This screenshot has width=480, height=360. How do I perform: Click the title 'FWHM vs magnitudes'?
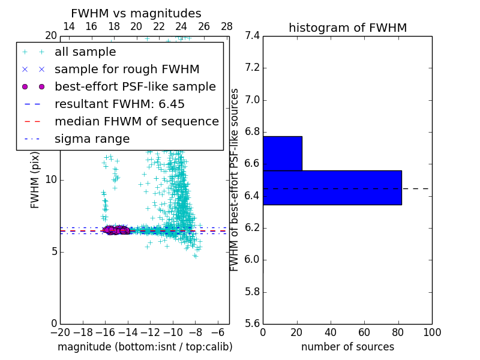tap(136, 13)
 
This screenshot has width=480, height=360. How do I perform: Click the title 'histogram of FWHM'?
tap(347, 28)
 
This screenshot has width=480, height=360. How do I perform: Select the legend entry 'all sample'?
tap(85, 52)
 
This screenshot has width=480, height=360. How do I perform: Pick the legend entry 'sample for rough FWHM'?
tap(127, 69)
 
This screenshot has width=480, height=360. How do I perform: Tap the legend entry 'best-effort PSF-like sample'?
tap(135, 86)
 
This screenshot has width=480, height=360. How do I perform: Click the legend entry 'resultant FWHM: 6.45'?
tap(119, 104)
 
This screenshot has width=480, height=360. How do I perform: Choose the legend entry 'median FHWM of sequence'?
tap(136, 121)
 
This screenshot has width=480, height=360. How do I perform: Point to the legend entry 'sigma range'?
tap(92, 139)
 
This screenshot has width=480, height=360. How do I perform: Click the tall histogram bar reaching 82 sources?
tap(332, 188)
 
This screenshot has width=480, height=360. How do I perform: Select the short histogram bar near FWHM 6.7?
tap(282, 153)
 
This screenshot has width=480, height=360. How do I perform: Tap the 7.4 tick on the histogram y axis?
tap(252, 36)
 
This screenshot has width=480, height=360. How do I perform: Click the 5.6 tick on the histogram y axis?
tap(252, 324)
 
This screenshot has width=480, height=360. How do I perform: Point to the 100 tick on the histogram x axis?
tap(432, 332)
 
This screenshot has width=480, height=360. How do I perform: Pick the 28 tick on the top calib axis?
tap(227, 26)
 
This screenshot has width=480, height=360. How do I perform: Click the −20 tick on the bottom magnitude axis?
tap(60, 332)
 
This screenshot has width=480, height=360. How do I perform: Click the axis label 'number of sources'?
tap(347, 347)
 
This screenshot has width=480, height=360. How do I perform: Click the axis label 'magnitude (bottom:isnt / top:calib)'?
tap(145, 347)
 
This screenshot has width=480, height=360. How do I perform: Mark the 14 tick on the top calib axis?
tap(69, 26)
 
